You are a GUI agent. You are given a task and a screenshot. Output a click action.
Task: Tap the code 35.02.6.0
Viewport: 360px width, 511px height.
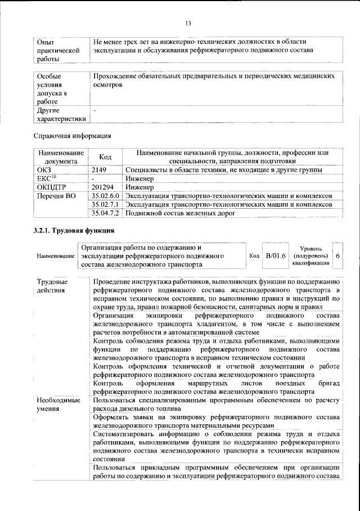[105, 195]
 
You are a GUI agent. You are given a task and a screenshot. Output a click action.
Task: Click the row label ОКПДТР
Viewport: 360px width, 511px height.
[51, 187]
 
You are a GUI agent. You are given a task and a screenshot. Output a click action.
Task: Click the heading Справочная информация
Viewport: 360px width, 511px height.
[72, 136]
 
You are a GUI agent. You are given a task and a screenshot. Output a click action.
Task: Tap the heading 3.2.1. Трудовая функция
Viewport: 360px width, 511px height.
[74, 231]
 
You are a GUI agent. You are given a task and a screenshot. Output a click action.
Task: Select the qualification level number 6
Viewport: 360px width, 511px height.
[337, 255]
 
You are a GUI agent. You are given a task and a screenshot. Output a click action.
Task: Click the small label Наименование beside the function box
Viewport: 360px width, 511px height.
[55, 255]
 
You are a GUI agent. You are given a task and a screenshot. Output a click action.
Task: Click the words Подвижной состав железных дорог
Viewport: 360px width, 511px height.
[179, 213]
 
